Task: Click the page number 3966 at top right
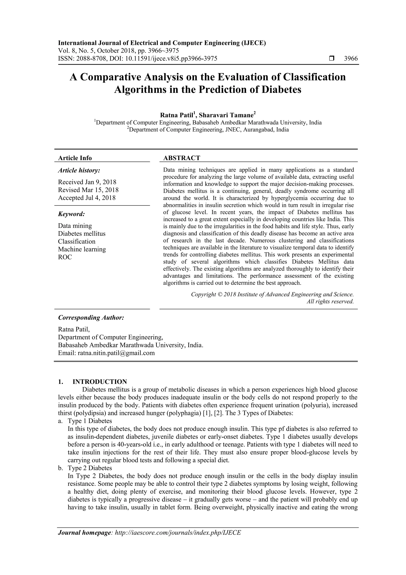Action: (351, 59)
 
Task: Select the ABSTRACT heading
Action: (182, 158)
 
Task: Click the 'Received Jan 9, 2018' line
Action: (87, 182)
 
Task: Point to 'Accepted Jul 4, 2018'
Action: (87, 198)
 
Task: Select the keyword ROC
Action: (65, 257)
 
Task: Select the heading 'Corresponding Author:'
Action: (91, 318)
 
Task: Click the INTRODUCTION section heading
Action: (100, 382)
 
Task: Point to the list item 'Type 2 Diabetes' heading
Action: (90, 468)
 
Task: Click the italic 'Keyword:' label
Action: (72, 214)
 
